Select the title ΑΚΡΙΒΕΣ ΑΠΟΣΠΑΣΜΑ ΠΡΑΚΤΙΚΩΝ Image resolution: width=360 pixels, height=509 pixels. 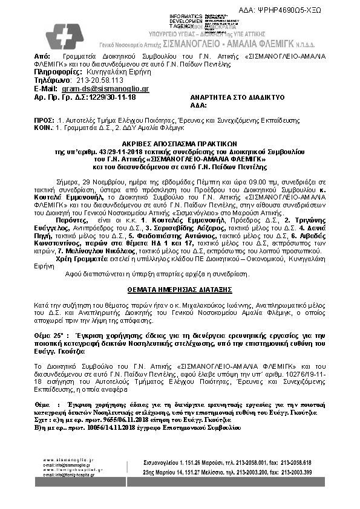click(x=181, y=138)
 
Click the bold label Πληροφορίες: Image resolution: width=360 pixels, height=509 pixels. click(x=60, y=71)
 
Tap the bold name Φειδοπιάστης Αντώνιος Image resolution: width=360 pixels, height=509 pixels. click(x=173, y=236)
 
